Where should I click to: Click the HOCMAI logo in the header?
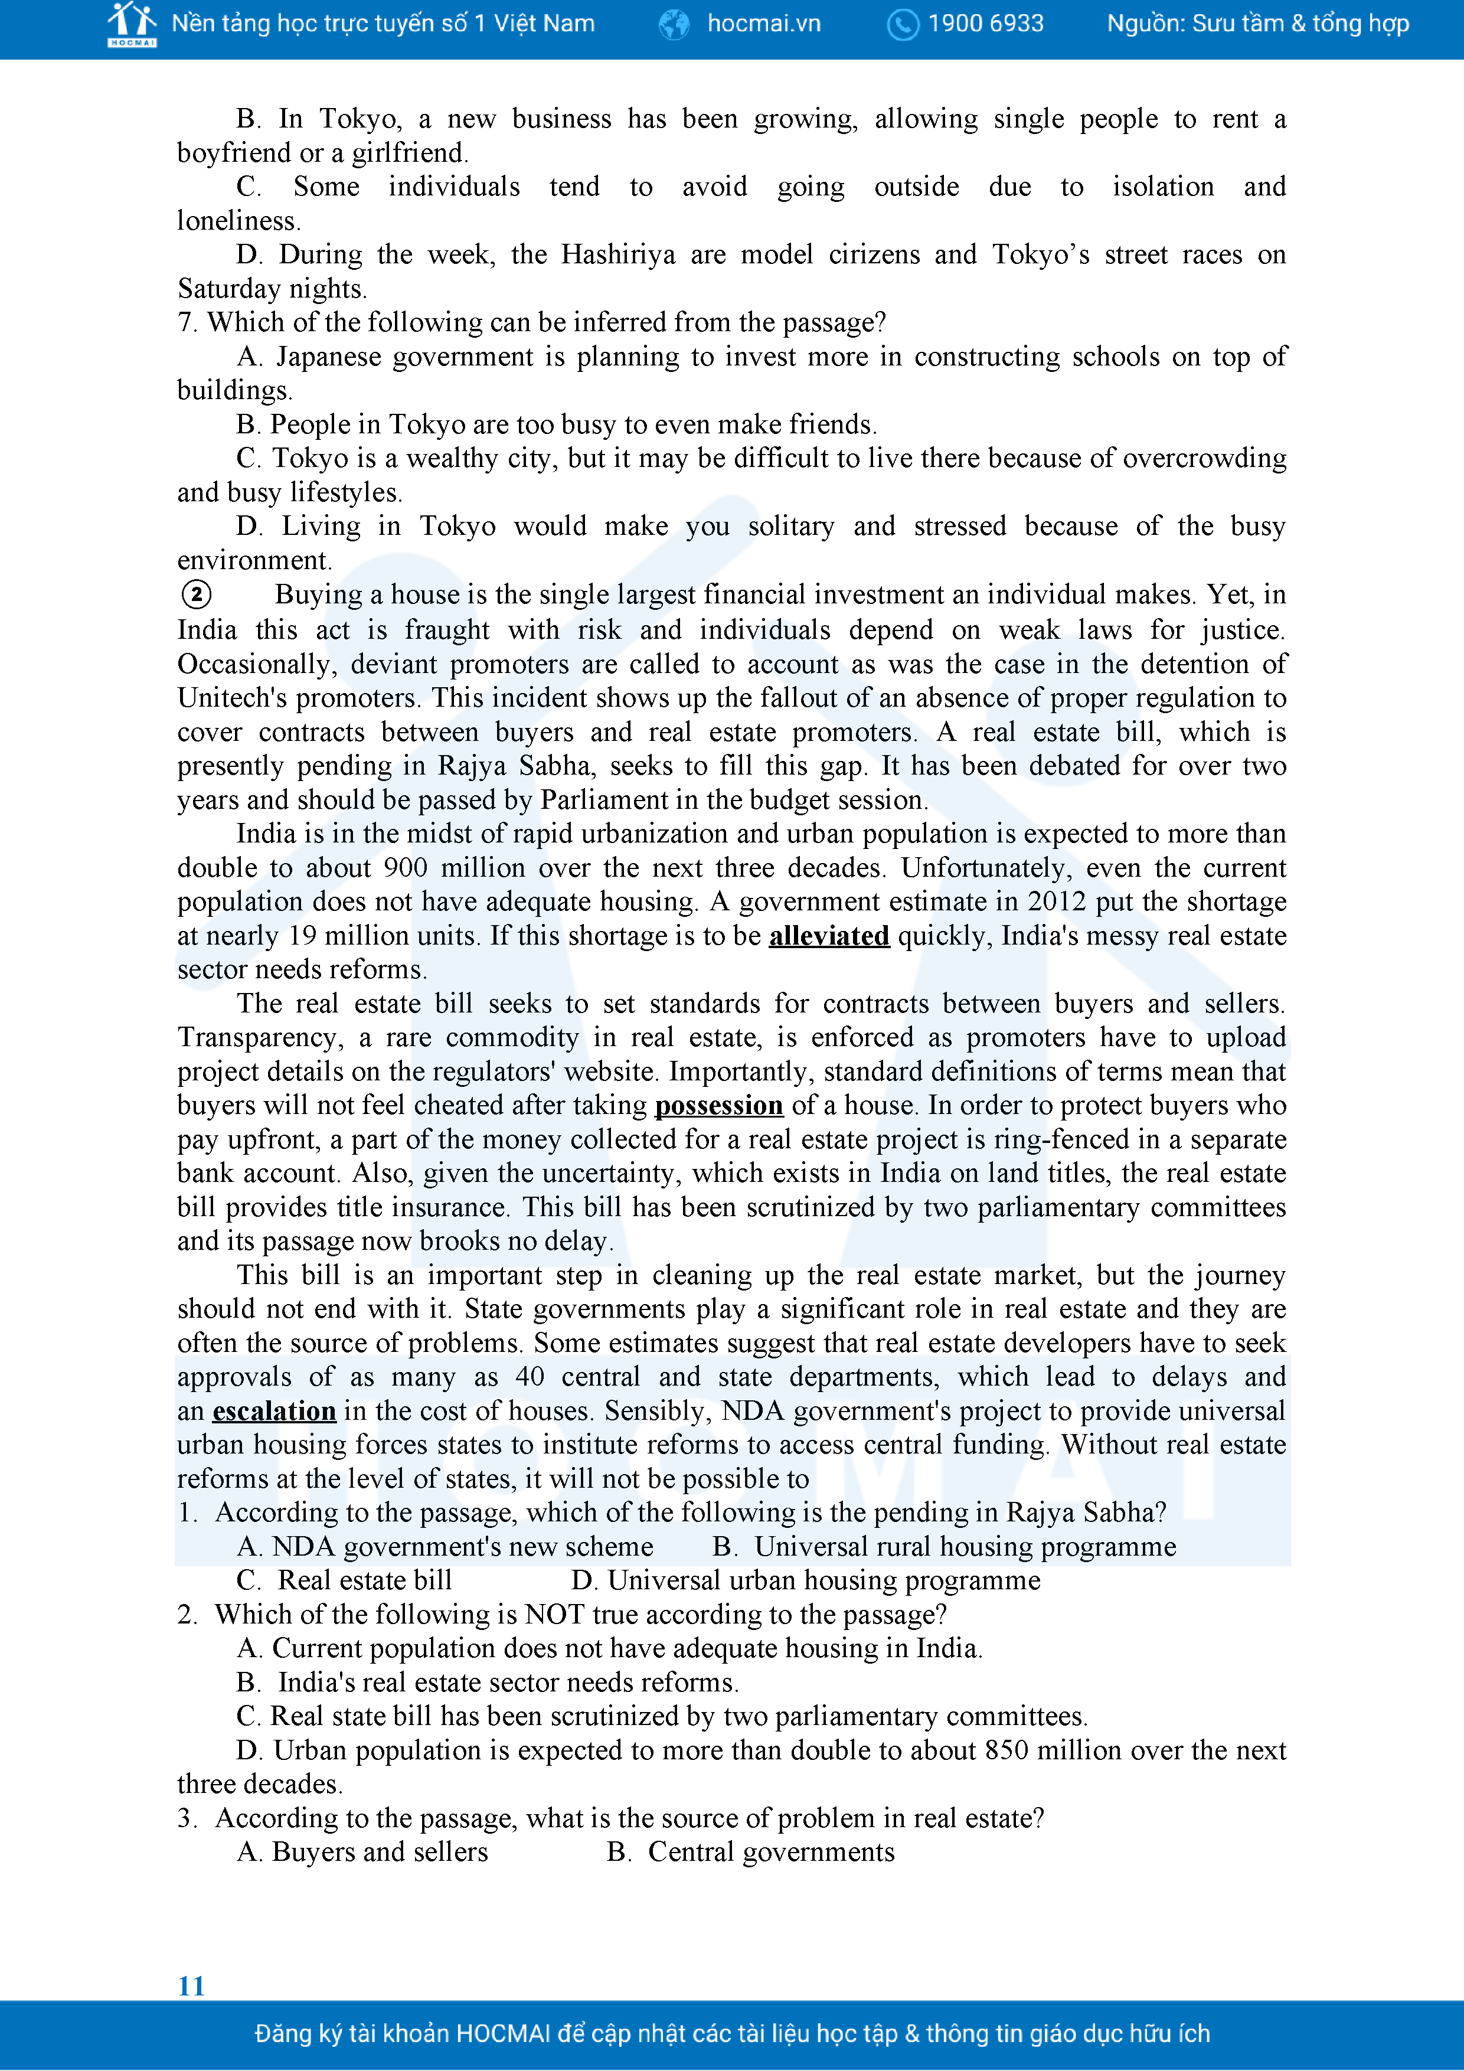pos(132,24)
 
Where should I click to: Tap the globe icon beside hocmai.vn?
pos(674,24)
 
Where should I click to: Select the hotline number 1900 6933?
pos(986,24)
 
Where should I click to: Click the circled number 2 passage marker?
pos(197,594)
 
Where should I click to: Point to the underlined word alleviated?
pos(829,935)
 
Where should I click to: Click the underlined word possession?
pos(719,1105)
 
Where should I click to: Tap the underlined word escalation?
pos(274,1410)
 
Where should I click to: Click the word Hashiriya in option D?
pos(618,254)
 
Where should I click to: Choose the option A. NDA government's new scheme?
pos(445,1546)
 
